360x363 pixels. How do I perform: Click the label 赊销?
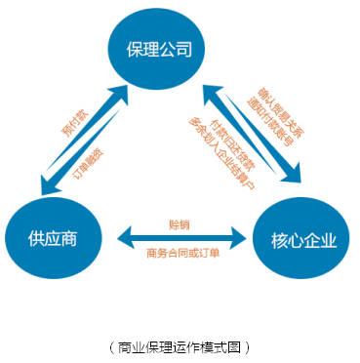tap(180, 223)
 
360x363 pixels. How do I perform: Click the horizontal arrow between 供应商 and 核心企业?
tap(180, 237)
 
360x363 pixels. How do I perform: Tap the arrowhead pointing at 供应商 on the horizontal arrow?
tap(125, 237)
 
